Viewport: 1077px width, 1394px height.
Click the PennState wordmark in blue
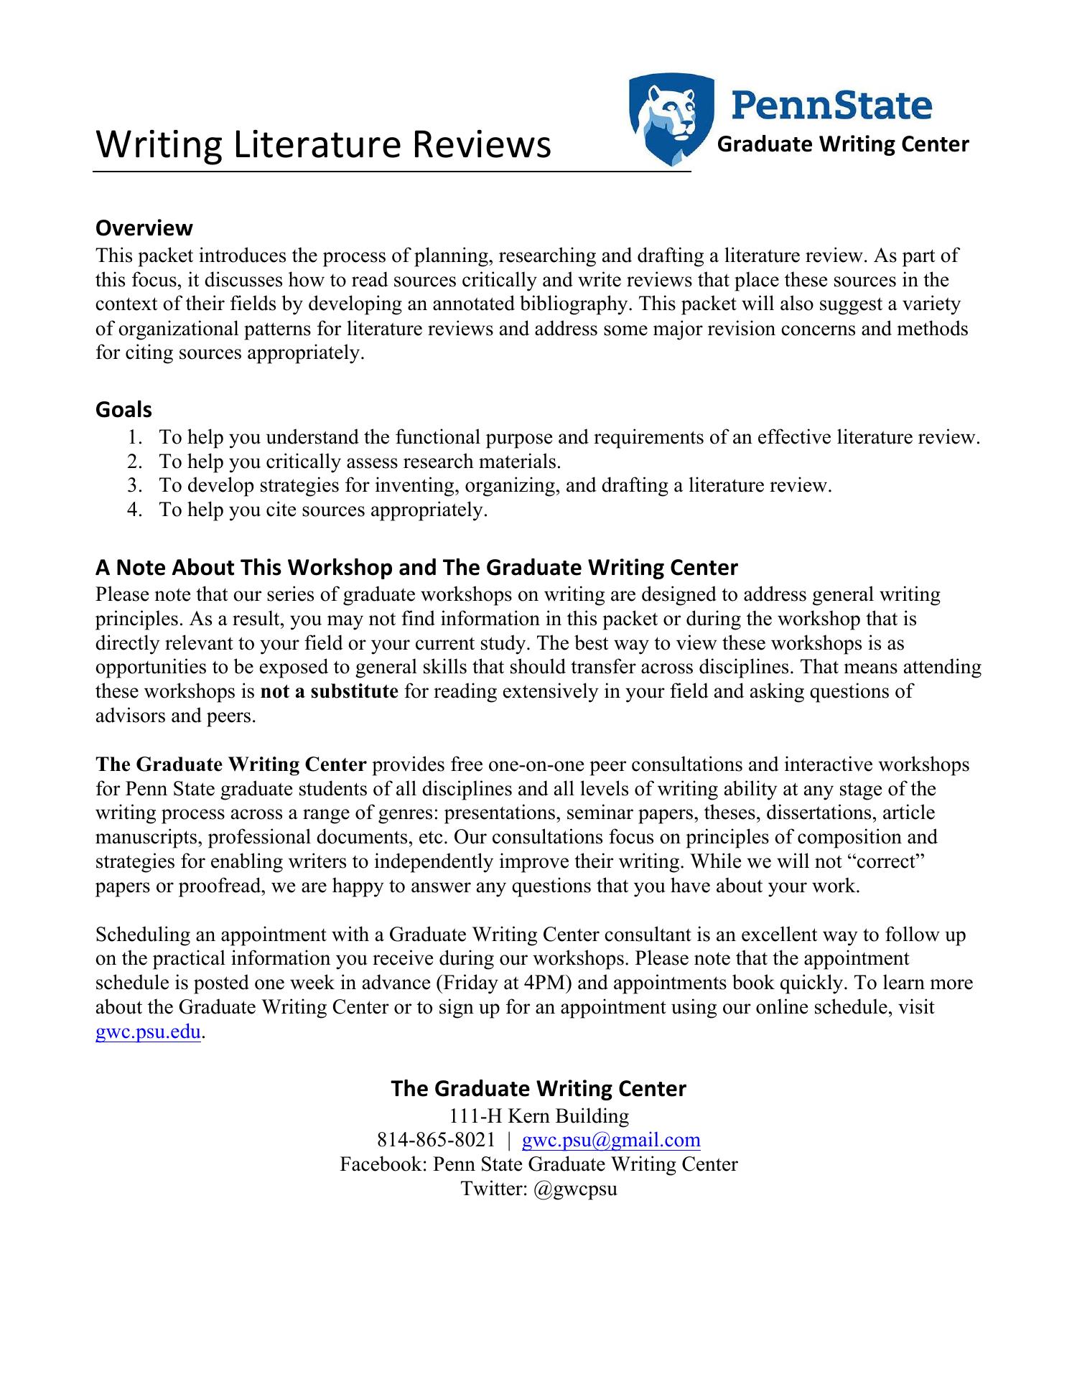(x=832, y=105)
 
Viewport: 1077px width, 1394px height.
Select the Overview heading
(x=144, y=228)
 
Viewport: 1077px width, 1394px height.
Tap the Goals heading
(x=123, y=410)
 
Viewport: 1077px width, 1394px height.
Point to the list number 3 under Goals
(x=134, y=486)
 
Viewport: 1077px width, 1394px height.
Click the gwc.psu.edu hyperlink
(x=148, y=1032)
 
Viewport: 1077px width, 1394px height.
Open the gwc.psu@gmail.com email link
(x=611, y=1140)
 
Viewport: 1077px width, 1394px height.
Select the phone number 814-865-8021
(x=436, y=1140)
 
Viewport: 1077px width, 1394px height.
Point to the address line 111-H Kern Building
(x=538, y=1116)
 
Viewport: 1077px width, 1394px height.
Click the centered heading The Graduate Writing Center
(x=538, y=1089)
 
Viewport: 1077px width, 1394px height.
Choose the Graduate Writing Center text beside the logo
(x=844, y=144)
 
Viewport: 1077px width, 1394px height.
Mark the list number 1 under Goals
(x=134, y=437)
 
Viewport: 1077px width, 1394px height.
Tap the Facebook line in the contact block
(x=538, y=1164)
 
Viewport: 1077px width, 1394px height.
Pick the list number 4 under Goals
(x=134, y=510)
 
